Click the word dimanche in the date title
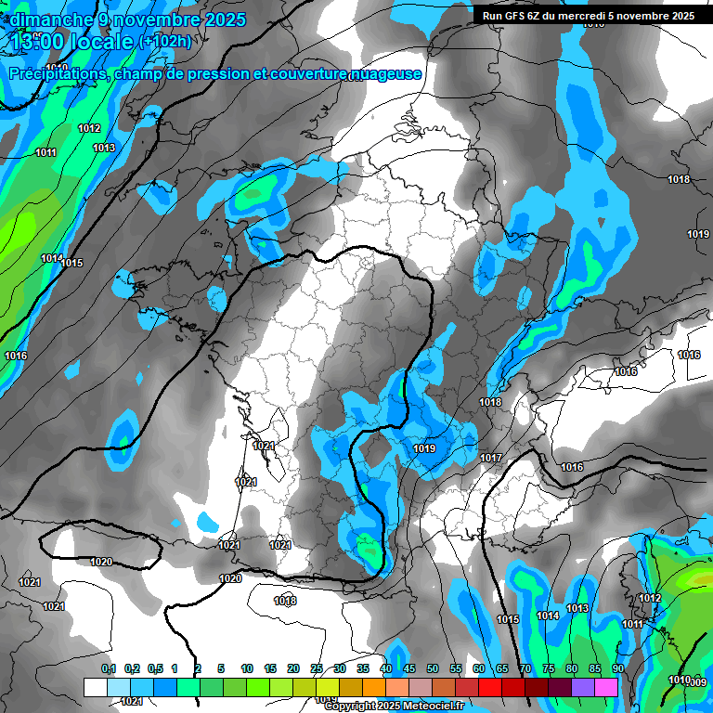tap(46, 19)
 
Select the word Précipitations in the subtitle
tap(57, 73)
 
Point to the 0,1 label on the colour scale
tap(109, 668)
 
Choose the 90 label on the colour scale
tap(617, 668)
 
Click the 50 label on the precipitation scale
tap(433, 668)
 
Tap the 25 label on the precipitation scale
tap(317, 668)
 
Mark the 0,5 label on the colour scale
tap(155, 668)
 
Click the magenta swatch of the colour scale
tap(606, 687)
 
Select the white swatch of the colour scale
tap(96, 687)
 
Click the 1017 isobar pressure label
tap(491, 458)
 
